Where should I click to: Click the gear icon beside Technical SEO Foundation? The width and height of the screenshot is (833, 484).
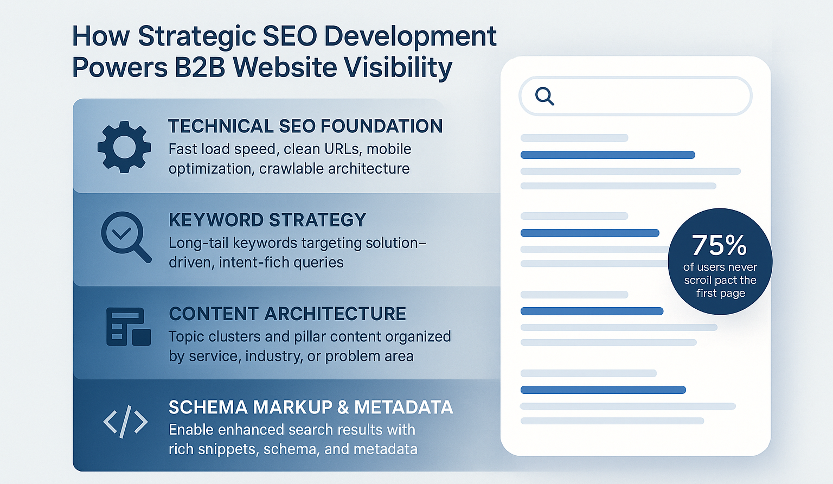124,147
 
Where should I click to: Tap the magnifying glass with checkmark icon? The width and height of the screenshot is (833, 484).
126,237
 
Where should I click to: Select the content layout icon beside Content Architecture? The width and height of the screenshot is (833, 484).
129,327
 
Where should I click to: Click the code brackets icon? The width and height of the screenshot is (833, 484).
125,422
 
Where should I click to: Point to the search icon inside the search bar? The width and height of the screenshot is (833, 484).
545,97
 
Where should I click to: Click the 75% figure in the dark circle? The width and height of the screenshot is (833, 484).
719,245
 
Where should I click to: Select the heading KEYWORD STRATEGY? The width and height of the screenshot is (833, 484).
267,220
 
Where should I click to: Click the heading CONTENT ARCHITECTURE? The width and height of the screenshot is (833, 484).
287,314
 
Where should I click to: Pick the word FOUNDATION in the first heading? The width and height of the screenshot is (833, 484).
382,126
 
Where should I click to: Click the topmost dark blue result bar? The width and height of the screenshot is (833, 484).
607,155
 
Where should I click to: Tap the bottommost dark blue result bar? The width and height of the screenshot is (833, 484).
603,390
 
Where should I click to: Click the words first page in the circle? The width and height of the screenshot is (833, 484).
721,294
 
